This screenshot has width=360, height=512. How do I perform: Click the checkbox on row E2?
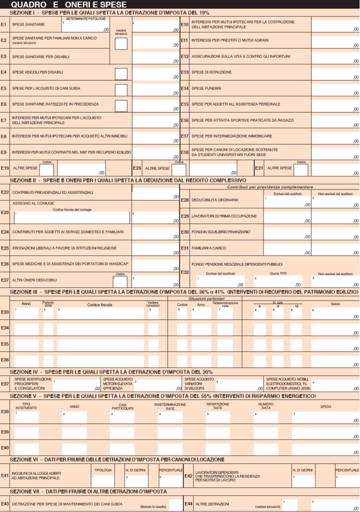point(120,43)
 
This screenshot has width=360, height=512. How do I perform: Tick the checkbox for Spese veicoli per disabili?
point(120,74)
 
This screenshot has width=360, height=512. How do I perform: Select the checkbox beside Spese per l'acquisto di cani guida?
point(120,90)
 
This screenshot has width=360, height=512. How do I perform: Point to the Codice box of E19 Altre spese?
point(46,170)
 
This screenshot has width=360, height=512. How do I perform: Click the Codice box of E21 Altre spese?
point(300,170)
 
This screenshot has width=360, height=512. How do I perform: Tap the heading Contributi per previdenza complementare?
point(270,186)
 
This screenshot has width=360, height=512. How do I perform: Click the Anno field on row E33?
point(26,313)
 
